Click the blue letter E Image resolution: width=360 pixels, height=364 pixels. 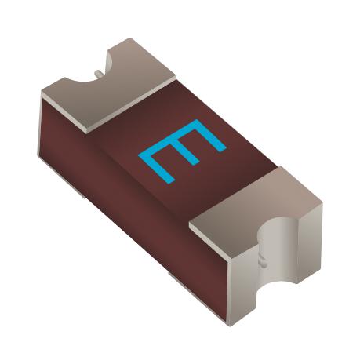182,150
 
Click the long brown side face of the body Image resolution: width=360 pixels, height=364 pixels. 118,196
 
